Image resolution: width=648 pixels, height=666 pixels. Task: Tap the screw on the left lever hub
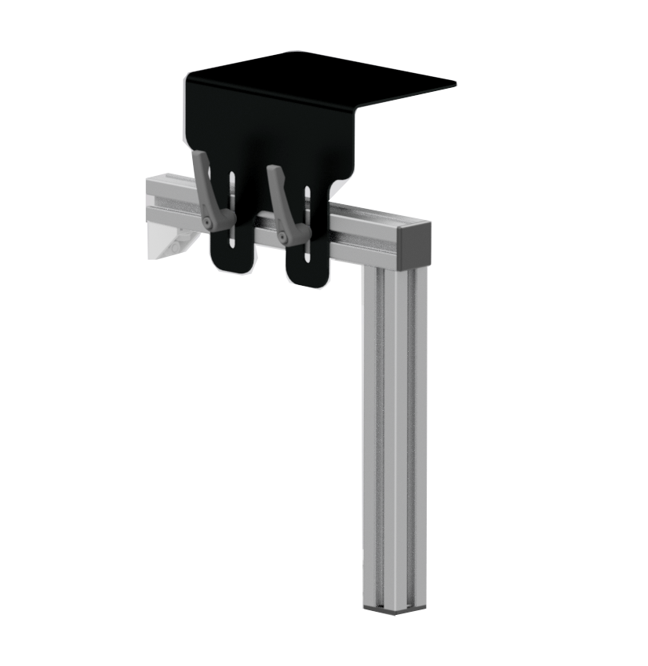click(x=207, y=223)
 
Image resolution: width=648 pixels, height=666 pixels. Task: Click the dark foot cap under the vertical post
click(x=395, y=608)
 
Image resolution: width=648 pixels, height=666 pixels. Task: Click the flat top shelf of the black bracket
click(x=329, y=75)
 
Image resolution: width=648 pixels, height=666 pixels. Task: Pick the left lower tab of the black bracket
click(x=231, y=255)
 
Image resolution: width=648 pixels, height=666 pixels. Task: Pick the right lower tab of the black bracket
click(x=308, y=271)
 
